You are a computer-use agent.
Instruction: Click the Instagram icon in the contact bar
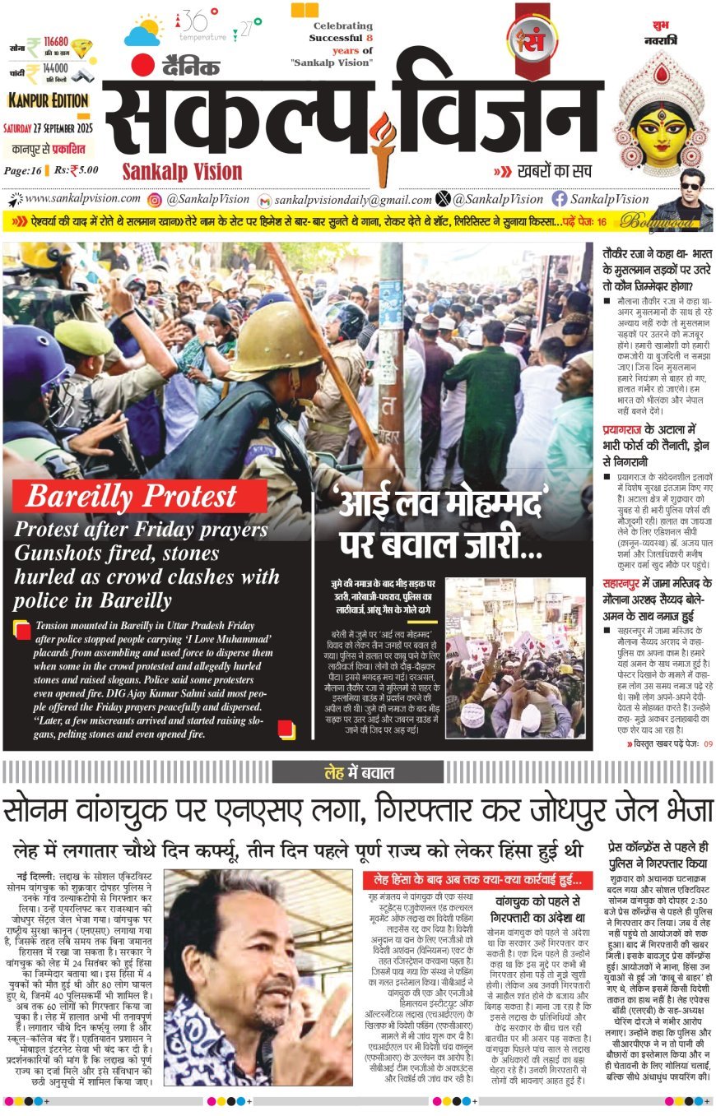coord(154,200)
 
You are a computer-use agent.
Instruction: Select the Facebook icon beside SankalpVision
coord(560,199)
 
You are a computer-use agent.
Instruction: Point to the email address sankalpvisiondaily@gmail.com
coord(353,200)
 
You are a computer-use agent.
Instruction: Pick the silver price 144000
coord(55,70)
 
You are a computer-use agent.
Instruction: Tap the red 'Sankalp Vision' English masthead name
coord(182,171)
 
